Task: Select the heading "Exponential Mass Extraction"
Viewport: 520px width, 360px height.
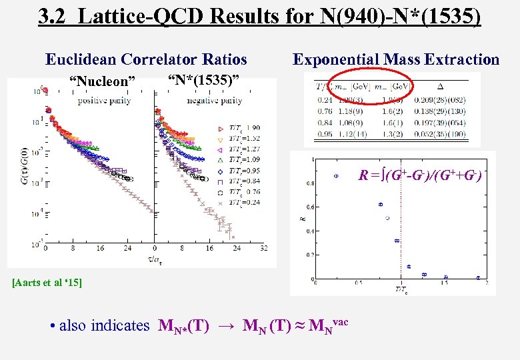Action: (396, 59)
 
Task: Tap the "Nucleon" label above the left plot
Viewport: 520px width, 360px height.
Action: (107, 81)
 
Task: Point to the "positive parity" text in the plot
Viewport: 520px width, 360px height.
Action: (104, 101)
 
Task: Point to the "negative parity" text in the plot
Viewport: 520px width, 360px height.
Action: (214, 101)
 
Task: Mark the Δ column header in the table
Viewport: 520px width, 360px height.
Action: (441, 86)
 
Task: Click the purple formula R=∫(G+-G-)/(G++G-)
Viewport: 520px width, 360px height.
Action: (420, 177)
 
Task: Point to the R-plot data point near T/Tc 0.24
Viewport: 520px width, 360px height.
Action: (336, 176)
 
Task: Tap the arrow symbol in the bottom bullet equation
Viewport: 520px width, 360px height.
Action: (225, 327)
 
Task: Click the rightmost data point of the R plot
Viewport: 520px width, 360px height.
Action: (478, 277)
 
